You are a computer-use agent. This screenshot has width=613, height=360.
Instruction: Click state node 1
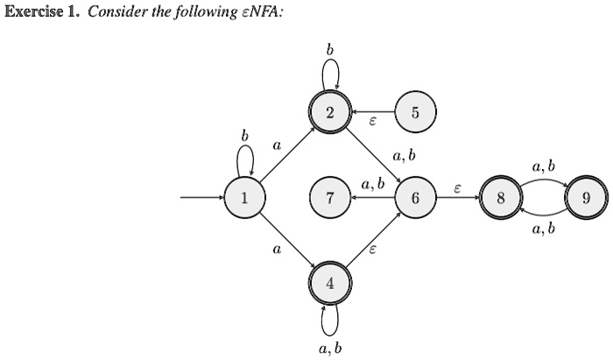244,198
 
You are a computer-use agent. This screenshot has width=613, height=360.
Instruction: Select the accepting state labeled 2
329,113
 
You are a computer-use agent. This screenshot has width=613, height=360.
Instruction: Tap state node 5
414,113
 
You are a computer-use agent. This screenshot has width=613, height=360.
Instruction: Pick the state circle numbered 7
329,198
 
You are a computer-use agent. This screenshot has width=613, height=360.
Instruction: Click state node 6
414,198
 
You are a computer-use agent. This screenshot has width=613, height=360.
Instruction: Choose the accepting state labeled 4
329,283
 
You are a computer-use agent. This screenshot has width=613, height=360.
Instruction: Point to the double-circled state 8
499,198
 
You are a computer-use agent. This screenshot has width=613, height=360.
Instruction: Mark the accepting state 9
584,198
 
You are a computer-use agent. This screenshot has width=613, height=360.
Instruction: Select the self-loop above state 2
330,74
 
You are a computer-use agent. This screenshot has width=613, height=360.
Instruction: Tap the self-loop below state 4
329,321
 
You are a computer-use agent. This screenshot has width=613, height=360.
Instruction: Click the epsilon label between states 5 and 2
372,124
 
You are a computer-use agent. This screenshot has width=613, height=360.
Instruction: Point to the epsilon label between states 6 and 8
457,187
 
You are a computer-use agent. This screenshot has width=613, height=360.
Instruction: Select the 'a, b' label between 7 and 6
372,185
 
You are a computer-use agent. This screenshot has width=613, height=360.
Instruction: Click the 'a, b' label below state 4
330,348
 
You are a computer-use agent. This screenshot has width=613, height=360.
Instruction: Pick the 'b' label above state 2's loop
330,50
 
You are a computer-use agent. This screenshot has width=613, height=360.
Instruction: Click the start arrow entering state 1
201,198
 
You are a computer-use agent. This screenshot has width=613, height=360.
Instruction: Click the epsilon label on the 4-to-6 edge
372,250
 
